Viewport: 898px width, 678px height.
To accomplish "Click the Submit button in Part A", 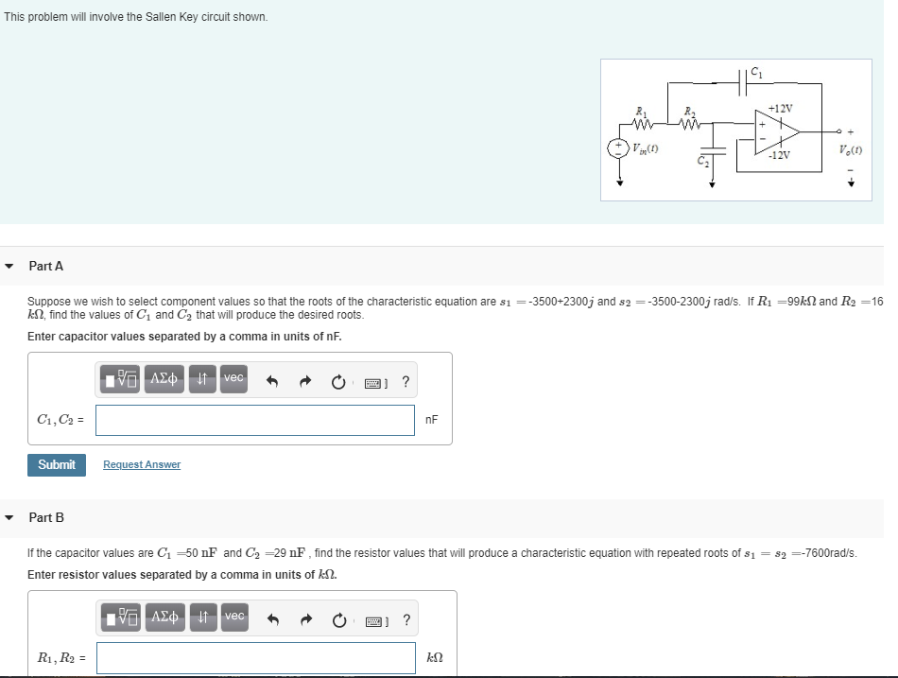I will (x=57, y=464).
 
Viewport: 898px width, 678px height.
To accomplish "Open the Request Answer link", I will (x=142, y=464).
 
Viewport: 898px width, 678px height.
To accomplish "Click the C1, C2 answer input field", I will (x=254, y=420).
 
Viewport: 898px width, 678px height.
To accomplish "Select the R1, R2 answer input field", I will (x=255, y=658).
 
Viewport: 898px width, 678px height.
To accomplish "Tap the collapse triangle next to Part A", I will (x=9, y=267).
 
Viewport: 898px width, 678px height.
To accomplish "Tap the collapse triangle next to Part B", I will (x=9, y=517).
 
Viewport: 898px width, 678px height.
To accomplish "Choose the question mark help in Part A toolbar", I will (x=406, y=382).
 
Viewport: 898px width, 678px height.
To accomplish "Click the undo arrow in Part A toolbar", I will (x=272, y=382).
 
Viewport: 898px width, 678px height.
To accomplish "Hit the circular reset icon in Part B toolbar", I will (x=340, y=620).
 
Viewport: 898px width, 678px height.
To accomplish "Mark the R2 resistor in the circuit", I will (x=692, y=121).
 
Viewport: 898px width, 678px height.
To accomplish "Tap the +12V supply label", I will (x=781, y=108).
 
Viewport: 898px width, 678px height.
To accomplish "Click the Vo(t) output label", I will (x=848, y=149).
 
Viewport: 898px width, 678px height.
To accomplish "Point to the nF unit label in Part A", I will (x=432, y=420).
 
